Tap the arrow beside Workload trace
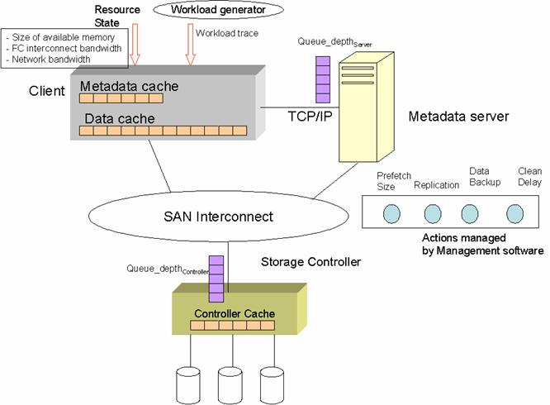click(x=190, y=45)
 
